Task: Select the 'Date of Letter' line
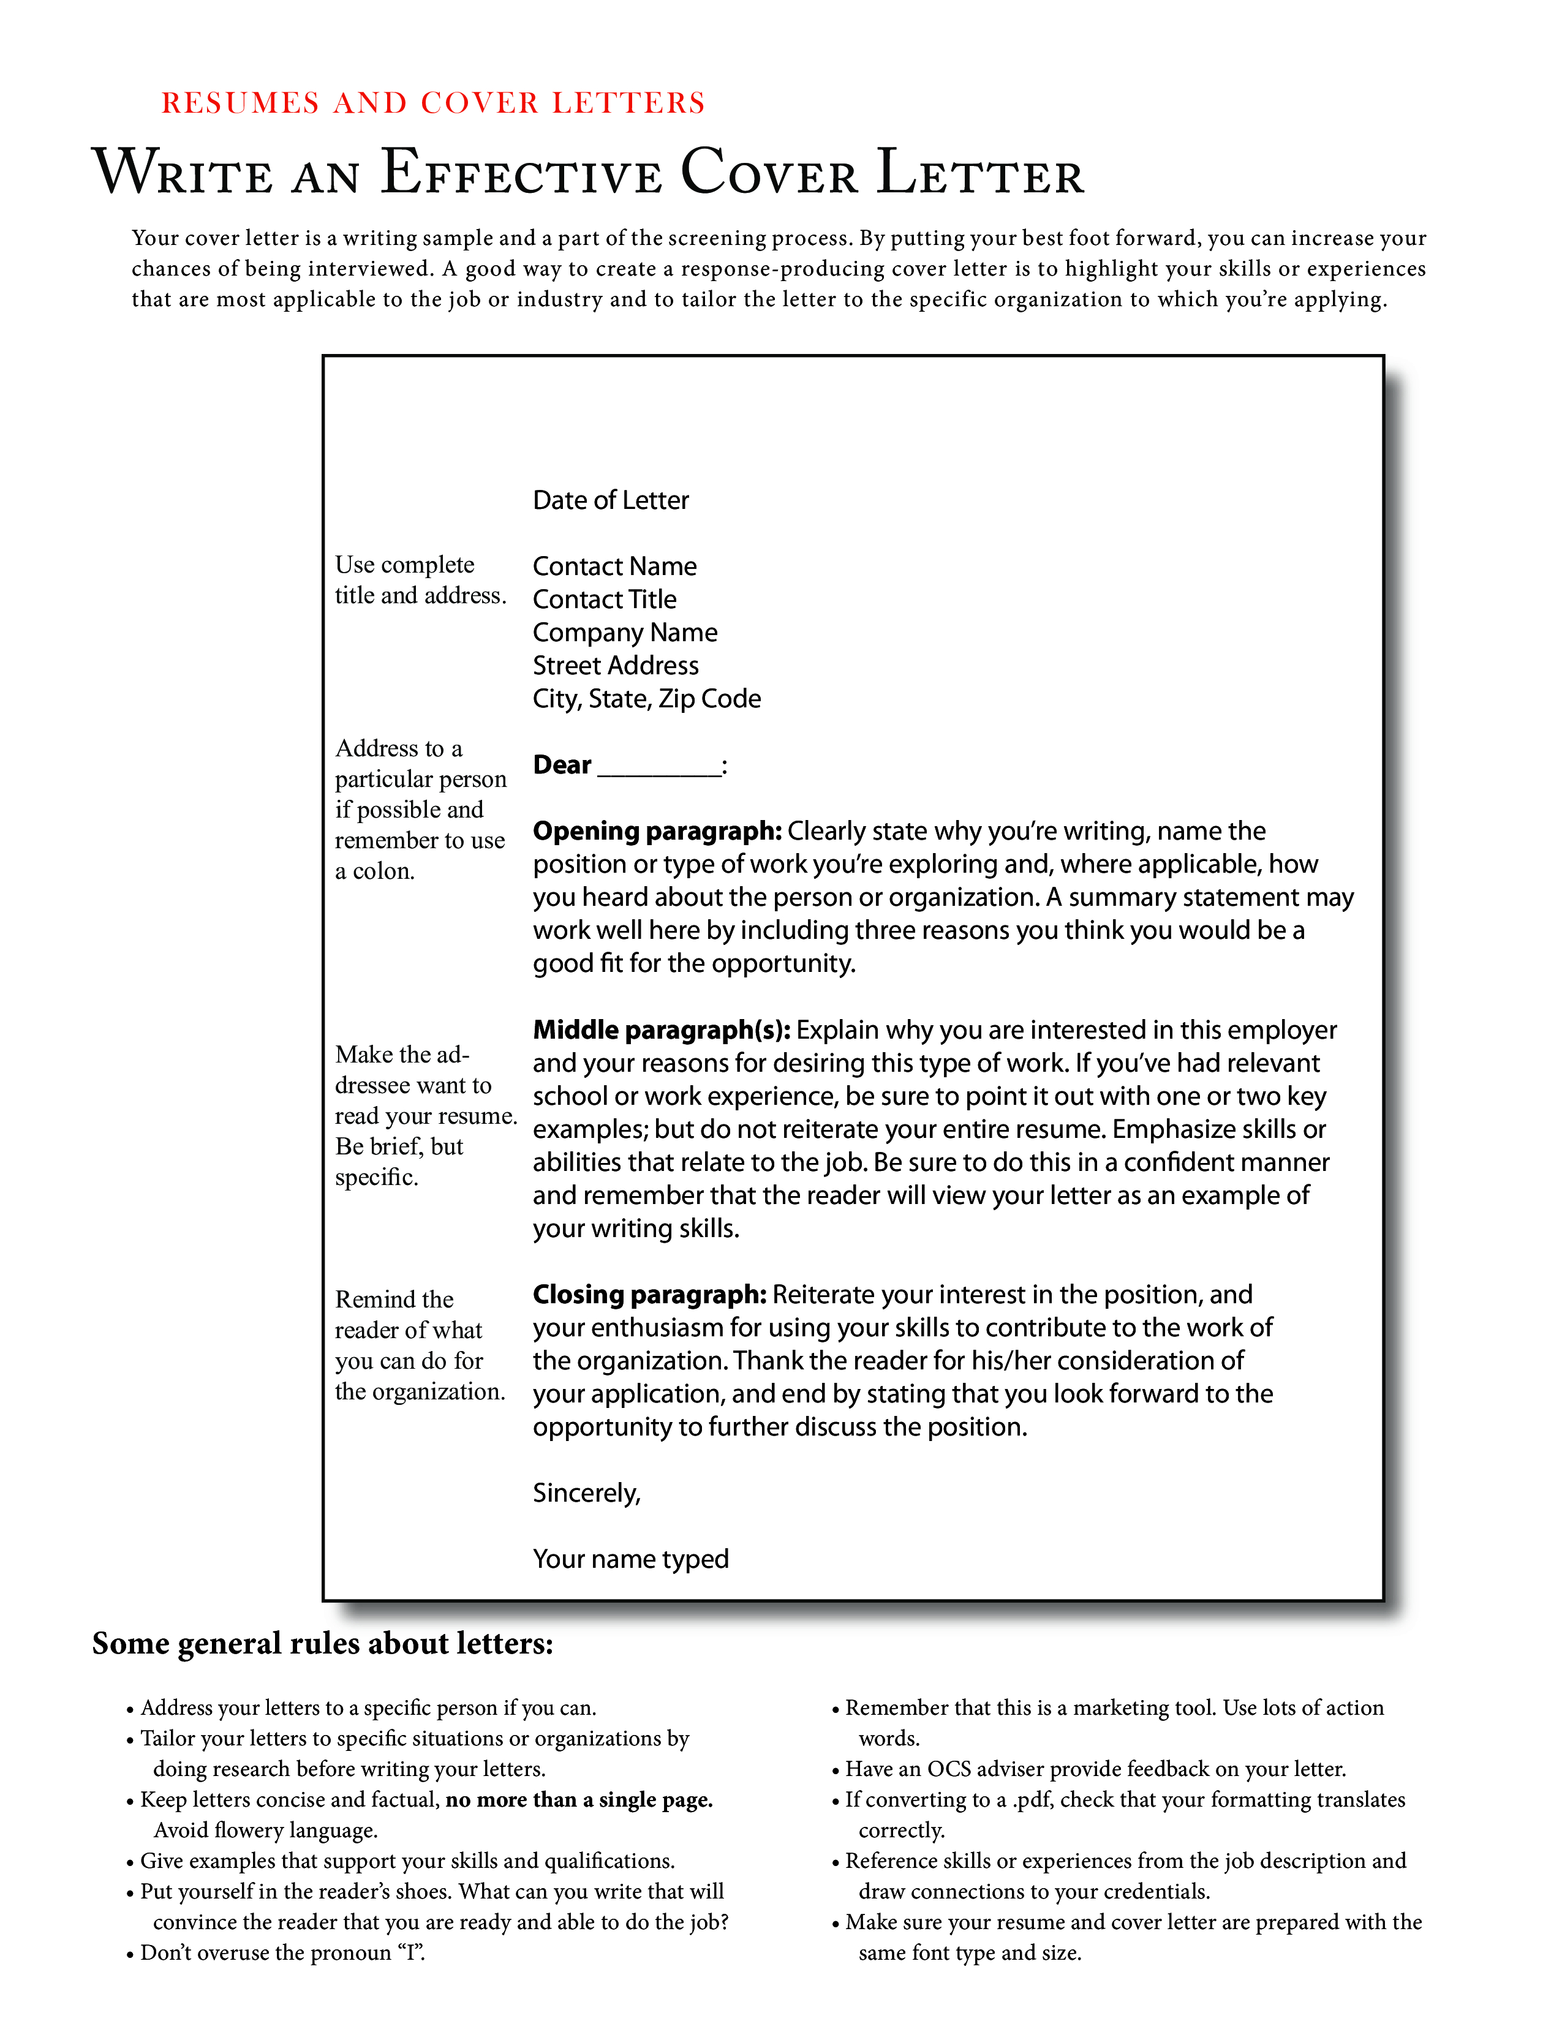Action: click(611, 500)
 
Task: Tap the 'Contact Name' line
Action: click(614, 566)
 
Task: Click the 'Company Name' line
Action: click(625, 633)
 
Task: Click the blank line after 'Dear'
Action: click(659, 768)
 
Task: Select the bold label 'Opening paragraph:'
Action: click(657, 831)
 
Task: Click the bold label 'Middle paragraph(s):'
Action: click(662, 1030)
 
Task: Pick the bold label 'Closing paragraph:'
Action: click(649, 1295)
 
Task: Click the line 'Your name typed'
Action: click(630, 1559)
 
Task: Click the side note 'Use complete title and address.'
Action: click(420, 580)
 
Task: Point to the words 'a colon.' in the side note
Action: click(375, 871)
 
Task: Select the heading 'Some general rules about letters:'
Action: click(322, 1644)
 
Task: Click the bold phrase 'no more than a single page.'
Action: click(579, 1800)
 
